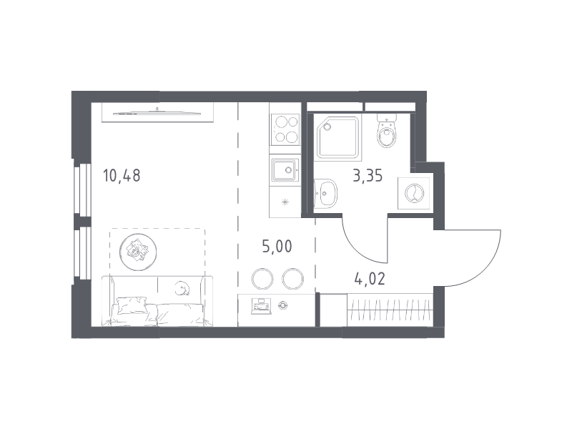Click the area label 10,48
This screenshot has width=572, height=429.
(122, 175)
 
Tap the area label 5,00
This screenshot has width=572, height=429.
(277, 247)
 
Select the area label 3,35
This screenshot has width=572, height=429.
(368, 175)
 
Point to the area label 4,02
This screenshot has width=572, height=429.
(370, 279)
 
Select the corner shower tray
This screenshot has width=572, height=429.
(337, 138)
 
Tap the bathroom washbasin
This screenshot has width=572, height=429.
(325, 193)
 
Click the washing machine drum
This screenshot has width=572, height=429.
(415, 192)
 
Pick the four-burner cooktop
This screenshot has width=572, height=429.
(285, 129)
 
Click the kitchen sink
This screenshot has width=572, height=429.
(285, 169)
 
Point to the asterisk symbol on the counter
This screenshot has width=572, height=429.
(285, 202)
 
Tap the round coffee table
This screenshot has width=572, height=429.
(138, 252)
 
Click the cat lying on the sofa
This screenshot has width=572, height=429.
(182, 288)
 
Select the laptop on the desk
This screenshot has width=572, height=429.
(261, 306)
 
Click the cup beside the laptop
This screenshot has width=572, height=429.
(283, 305)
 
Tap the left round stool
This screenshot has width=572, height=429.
(262, 279)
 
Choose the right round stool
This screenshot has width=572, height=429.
(293, 279)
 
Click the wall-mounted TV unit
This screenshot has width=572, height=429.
(157, 112)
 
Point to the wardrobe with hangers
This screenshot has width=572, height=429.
(390, 310)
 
